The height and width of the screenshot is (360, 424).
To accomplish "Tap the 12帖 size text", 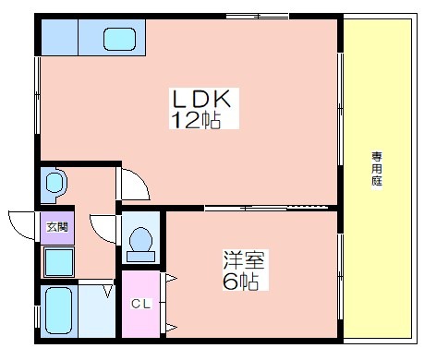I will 194,121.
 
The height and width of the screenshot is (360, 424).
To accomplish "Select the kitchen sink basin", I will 119,39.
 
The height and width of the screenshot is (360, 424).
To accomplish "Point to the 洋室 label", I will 239,259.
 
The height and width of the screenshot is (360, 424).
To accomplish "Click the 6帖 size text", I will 238,281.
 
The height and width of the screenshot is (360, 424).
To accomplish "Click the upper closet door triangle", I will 170,277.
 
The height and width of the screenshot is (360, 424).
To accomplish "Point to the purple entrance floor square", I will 55,227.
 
